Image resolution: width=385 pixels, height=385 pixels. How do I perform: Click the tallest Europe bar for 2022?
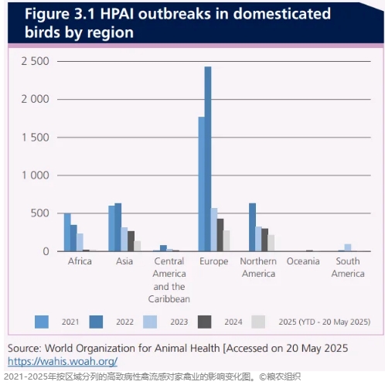tap(208, 158)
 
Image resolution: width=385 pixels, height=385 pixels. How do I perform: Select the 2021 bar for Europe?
tap(202, 184)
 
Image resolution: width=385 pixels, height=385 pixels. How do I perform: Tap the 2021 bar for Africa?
tap(67, 232)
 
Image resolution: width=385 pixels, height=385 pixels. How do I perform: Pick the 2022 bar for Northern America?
tap(252, 227)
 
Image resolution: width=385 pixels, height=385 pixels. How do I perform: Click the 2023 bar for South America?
tap(348, 247)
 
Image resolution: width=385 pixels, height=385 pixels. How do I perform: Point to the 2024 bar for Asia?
tap(131, 241)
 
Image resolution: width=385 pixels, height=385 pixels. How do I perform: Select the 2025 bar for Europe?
tap(227, 240)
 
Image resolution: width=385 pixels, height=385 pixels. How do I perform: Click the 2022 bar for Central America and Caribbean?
tap(163, 248)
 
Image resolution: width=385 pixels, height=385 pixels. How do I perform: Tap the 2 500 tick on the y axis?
tap(35, 61)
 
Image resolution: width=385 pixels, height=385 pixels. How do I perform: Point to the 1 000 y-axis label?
tap(36, 175)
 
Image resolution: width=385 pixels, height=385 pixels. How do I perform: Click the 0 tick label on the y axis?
tap(46, 251)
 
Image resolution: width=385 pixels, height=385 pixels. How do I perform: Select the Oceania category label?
tap(303, 261)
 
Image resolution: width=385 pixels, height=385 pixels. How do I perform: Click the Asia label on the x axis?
tap(124, 261)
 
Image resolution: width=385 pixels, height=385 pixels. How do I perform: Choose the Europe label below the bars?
tap(213, 261)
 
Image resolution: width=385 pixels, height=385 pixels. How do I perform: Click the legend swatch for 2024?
tap(205, 322)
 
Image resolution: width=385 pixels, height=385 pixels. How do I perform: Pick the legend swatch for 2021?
tap(42, 322)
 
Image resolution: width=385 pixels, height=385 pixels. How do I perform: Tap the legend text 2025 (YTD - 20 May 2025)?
tap(325, 322)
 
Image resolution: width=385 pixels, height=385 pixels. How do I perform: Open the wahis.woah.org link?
tap(63, 361)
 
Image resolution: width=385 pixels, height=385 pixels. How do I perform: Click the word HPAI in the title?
tap(117, 14)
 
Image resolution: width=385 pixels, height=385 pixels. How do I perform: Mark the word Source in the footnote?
tap(25, 348)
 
